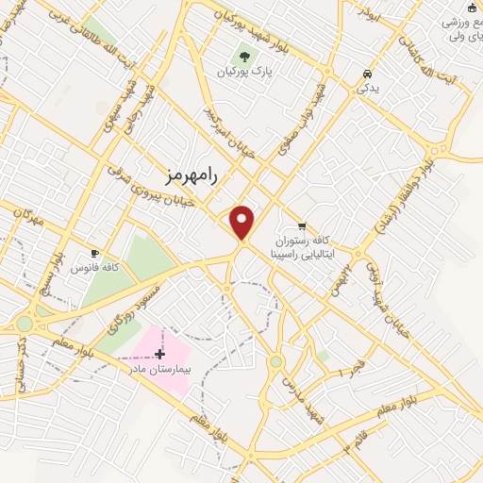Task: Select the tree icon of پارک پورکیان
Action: tap(245, 55)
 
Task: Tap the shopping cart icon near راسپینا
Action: tap(302, 225)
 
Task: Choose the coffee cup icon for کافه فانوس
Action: tap(94, 253)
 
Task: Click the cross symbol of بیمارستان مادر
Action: tap(159, 355)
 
